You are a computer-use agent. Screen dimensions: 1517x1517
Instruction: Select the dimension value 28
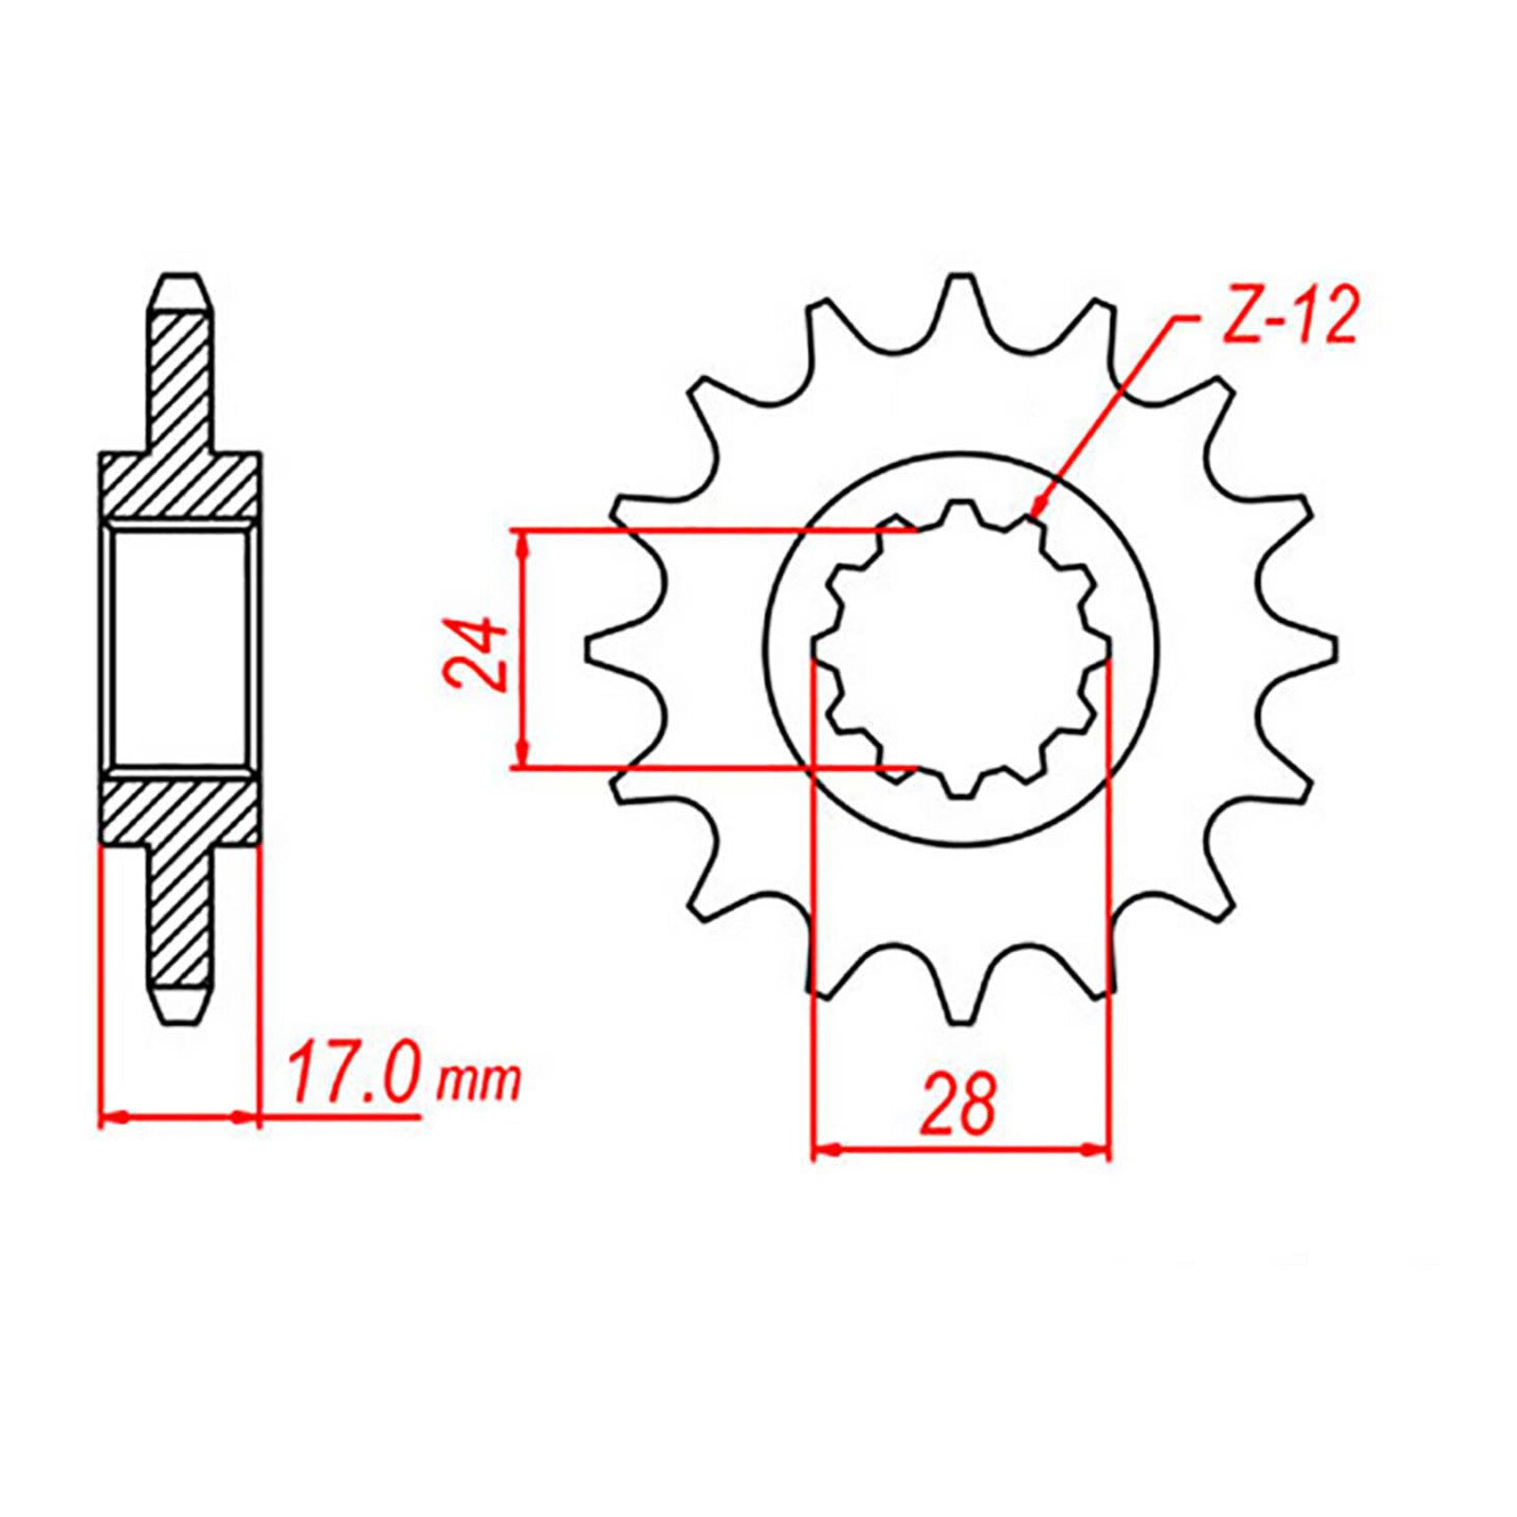(960, 1104)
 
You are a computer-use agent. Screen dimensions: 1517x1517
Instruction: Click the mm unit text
(478, 1081)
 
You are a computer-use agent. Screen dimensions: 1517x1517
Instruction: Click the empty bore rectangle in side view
(179, 648)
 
